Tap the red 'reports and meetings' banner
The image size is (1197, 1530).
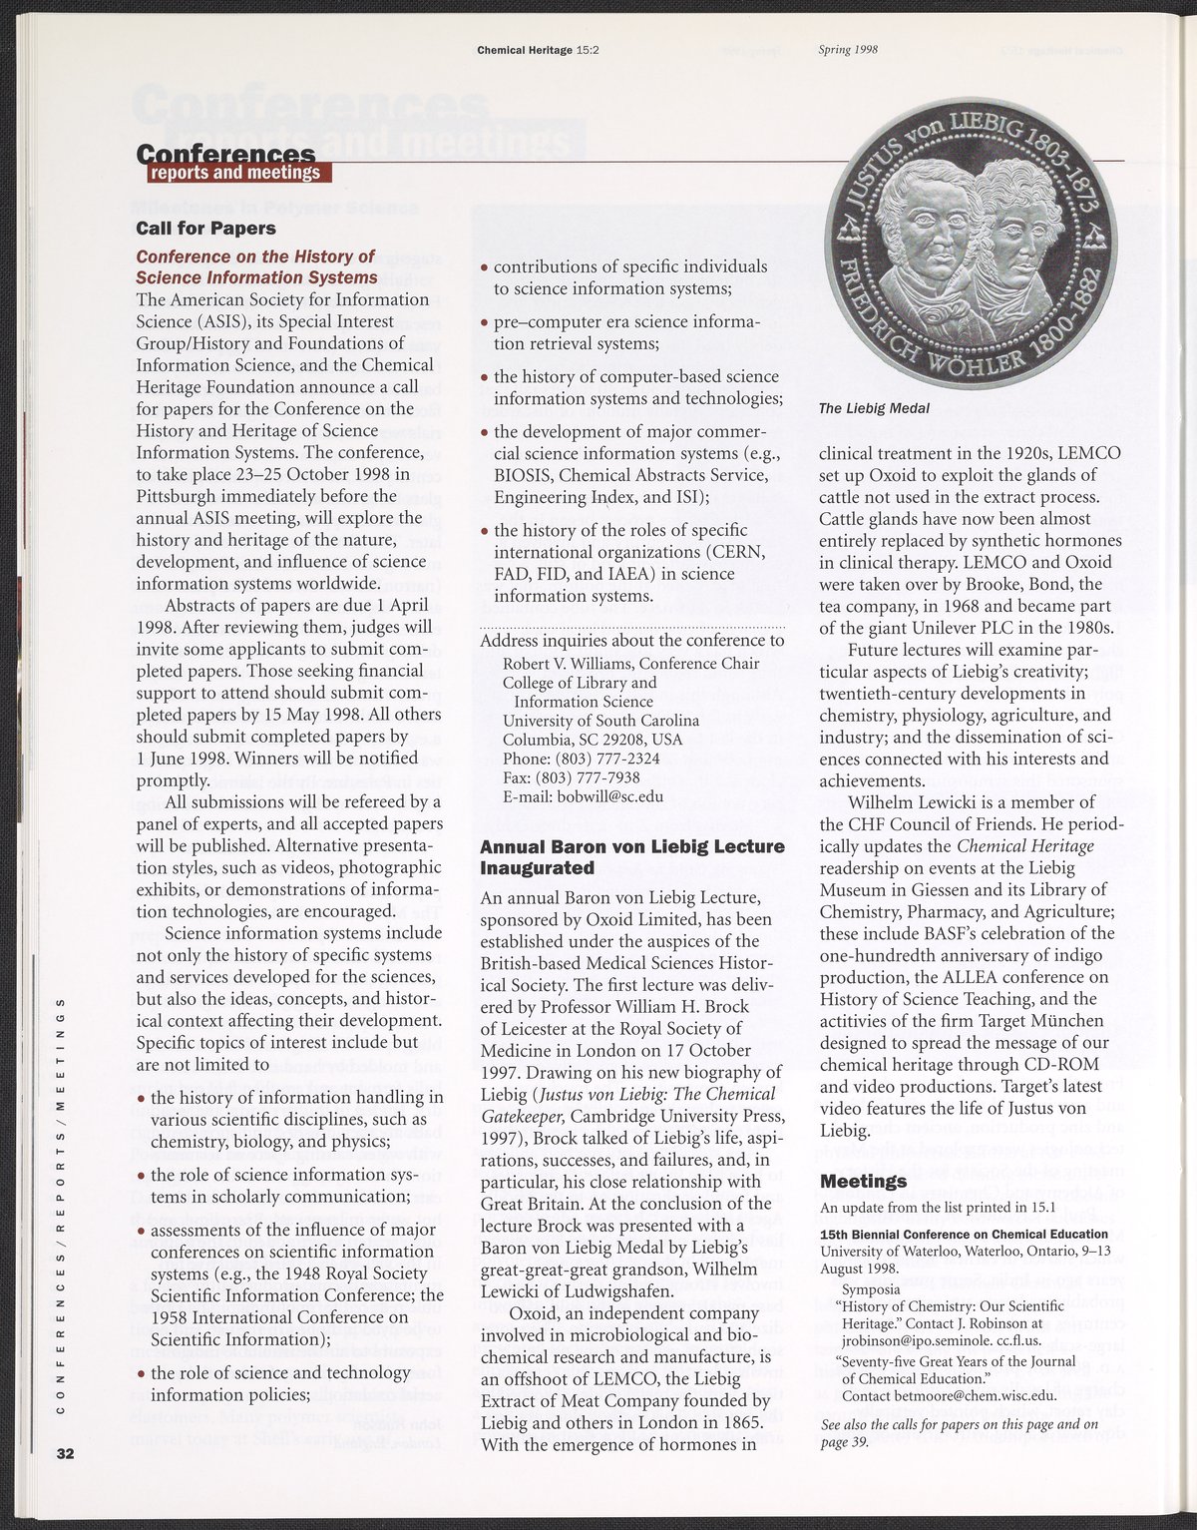(237, 173)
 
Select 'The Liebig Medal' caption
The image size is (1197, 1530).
(874, 408)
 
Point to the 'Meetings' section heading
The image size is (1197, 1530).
(863, 1182)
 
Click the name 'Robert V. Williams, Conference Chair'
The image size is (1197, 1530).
(630, 664)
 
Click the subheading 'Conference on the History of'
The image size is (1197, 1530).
(255, 256)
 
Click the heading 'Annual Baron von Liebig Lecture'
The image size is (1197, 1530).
(632, 846)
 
